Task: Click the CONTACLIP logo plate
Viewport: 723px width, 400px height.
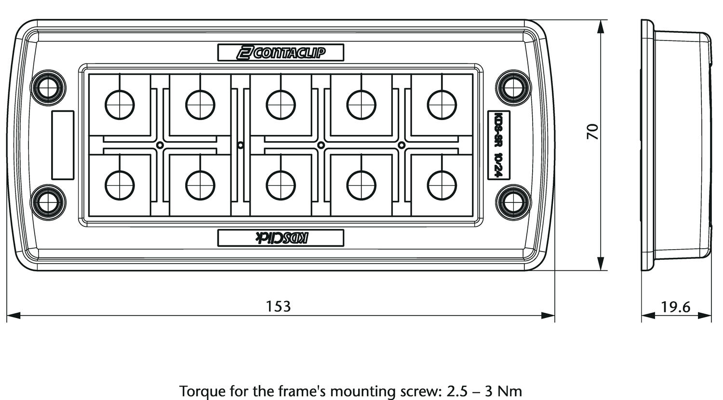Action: pos(281,53)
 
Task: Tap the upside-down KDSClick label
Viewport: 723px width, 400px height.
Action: pos(281,237)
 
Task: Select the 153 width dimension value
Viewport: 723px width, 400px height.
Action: pos(279,306)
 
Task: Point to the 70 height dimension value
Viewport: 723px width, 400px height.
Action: pos(592,132)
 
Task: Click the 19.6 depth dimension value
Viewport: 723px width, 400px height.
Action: pos(676,307)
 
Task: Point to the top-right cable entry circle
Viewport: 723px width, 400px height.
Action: pos(442,104)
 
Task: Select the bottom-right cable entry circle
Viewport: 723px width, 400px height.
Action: pos(442,185)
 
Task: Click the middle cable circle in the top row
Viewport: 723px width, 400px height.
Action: pos(281,104)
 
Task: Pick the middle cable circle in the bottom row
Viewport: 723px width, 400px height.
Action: pos(281,185)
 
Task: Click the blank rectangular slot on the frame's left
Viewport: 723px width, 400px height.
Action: pos(63,145)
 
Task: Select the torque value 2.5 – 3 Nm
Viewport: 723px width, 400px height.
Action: pos(484,390)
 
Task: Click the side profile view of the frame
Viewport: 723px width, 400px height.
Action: pos(677,145)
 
